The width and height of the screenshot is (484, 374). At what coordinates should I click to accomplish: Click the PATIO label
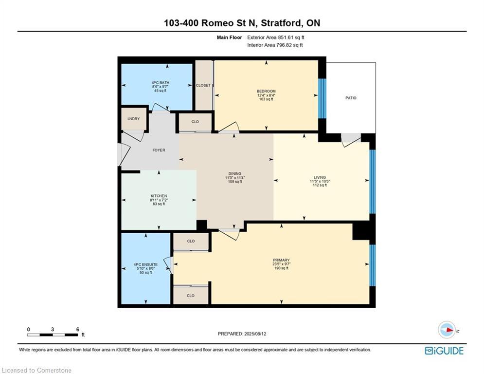coord(351,98)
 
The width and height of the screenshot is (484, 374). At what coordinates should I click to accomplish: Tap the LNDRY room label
coord(133,119)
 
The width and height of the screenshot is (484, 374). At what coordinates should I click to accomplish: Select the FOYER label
coord(159,150)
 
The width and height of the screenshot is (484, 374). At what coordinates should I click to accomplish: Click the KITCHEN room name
coord(159,196)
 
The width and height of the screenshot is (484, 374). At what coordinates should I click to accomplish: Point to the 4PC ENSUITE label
coord(146,264)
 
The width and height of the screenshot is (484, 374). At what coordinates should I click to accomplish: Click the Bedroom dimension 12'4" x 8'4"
coord(266,95)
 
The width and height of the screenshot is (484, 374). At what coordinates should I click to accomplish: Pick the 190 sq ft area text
coord(281,268)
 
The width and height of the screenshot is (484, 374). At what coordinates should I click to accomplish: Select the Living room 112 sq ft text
coord(320,185)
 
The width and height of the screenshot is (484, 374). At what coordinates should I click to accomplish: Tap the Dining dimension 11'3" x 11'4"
coord(235,178)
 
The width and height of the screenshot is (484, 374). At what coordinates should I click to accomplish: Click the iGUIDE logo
coord(444,351)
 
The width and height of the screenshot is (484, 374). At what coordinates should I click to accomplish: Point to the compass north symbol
coord(447,330)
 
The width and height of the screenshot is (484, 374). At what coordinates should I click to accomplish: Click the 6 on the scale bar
coord(78,330)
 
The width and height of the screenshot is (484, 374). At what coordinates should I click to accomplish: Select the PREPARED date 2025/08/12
coord(255,334)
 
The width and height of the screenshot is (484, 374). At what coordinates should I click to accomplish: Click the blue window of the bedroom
coord(322,98)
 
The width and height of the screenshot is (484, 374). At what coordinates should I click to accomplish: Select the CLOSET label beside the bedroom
coord(203,85)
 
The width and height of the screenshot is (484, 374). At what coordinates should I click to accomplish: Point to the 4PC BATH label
coord(160,83)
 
